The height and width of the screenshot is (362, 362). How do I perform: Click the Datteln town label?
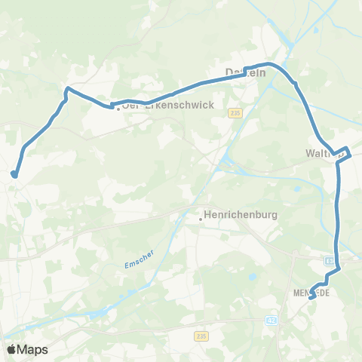click(244, 72)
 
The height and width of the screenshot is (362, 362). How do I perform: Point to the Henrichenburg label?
click(241, 215)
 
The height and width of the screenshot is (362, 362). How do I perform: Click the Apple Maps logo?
click(27, 349)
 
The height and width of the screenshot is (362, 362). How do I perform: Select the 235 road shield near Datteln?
click(236, 112)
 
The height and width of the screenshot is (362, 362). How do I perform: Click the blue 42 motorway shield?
click(271, 321)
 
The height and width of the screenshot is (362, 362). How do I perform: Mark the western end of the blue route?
click(14, 175)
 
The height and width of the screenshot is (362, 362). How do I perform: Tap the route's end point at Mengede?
click(311, 298)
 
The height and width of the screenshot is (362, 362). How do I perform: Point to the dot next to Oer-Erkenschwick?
click(118, 109)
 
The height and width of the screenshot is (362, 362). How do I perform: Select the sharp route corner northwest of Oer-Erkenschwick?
click(67, 89)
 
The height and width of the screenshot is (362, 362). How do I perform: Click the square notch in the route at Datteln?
click(246, 73)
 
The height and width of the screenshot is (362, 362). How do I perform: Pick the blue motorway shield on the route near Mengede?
click(330, 260)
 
